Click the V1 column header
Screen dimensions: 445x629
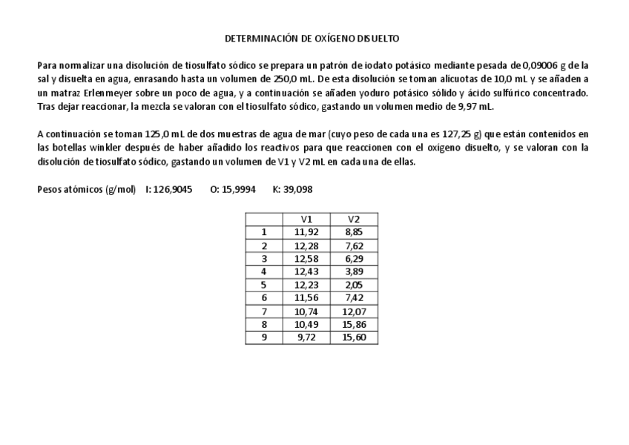coord(306,219)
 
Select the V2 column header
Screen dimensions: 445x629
coord(354,219)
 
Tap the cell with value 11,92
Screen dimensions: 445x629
coord(306,232)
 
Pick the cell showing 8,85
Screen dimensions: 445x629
coord(354,232)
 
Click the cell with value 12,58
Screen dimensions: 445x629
coord(306,258)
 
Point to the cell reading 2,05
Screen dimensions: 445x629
coord(354,285)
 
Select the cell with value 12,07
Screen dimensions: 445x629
coord(354,311)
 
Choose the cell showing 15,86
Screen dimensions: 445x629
coord(354,324)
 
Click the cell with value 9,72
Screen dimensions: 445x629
coord(306,337)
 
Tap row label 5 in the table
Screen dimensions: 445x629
coord(263,285)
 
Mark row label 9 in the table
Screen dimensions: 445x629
coord(263,337)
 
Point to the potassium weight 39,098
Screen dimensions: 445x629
coord(297,190)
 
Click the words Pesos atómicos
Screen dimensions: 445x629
coord(70,190)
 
